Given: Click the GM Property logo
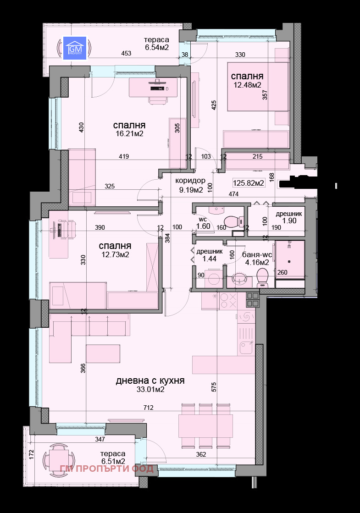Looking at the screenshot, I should tap(74, 48).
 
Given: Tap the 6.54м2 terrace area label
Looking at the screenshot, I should tap(157, 47).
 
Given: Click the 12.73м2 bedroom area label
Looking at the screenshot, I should tap(114, 254).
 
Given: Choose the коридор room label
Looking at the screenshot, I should tap(190, 181).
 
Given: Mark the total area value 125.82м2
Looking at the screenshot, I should tap(249, 183).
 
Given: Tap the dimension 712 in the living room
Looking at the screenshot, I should tap(148, 408).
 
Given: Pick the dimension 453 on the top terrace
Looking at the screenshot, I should tap(126, 54).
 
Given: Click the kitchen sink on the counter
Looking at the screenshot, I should tap(247, 348).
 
